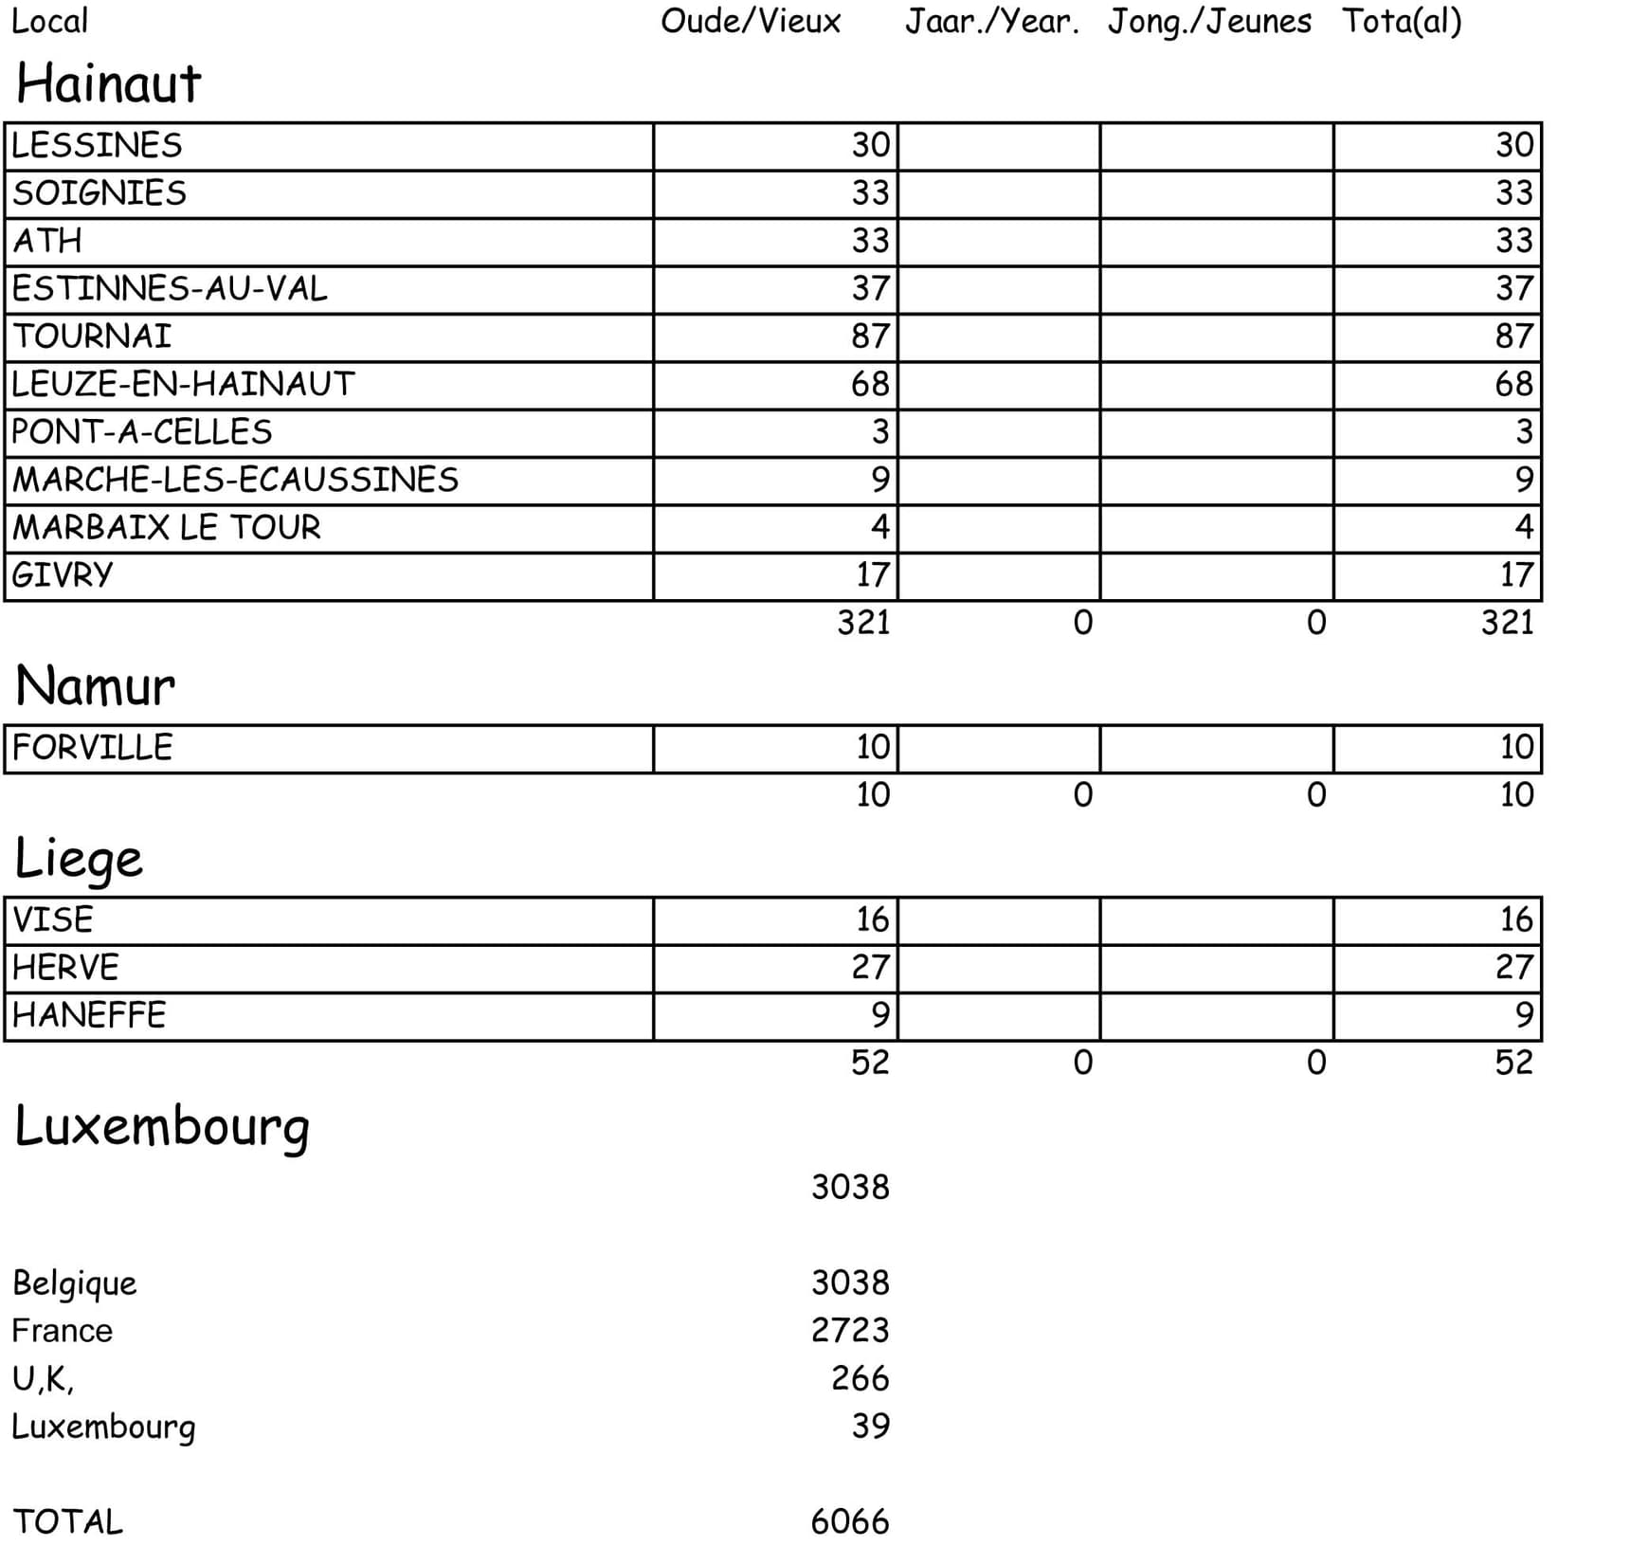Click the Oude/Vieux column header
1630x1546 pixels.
pyautogui.click(x=750, y=21)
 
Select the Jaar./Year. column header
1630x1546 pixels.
pyautogui.click(x=991, y=21)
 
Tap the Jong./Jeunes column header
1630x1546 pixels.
pyautogui.click(x=1209, y=21)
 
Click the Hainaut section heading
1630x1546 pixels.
pyautogui.click(x=108, y=83)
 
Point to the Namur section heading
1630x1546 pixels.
pyautogui.click(x=95, y=686)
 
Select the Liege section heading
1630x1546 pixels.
pyautogui.click(x=79, y=859)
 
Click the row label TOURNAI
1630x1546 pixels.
pyautogui.click(x=92, y=336)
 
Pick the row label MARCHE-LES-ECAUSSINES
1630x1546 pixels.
pyautogui.click(x=235, y=480)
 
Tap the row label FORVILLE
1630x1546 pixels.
pyautogui.click(x=92, y=748)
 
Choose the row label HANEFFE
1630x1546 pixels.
pyautogui.click(x=89, y=1015)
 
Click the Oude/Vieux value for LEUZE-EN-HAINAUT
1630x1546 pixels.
pyautogui.click(x=870, y=384)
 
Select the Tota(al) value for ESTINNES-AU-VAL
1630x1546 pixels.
pyautogui.click(x=1513, y=288)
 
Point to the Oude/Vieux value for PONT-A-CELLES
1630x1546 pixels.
pyautogui.click(x=880, y=432)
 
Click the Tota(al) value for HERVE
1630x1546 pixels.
pyautogui.click(x=1513, y=967)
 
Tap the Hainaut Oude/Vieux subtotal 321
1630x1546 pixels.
pyautogui.click(x=863, y=623)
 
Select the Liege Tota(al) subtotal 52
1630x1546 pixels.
pyautogui.click(x=1513, y=1062)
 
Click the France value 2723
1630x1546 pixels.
pyautogui.click(x=850, y=1330)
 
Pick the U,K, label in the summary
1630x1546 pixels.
pyautogui.click(x=43, y=1378)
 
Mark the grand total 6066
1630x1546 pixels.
pyautogui.click(x=850, y=1521)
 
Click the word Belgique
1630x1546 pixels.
pyautogui.click(x=74, y=1282)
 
